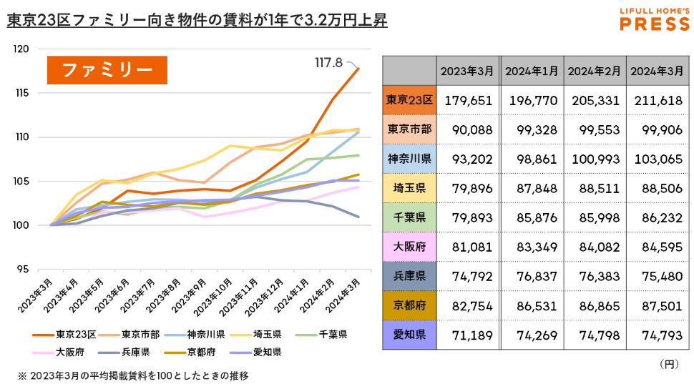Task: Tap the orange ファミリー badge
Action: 107,70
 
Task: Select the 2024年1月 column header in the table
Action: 532,71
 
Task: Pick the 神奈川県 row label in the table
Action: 409,159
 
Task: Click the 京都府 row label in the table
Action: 409,305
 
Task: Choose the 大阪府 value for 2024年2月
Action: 595,247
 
